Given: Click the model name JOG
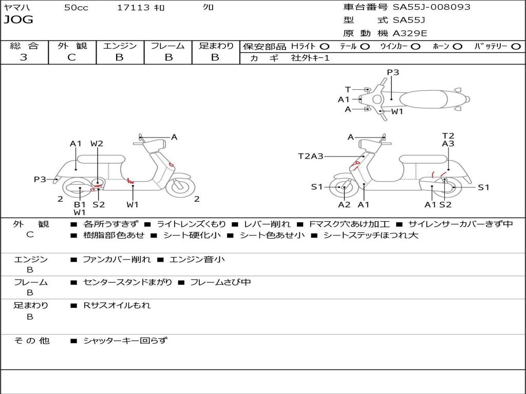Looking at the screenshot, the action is point(18,20).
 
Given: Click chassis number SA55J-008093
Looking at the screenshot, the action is point(431,7).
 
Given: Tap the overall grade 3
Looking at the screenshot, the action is point(24,57).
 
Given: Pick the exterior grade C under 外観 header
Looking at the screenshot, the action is point(71,57).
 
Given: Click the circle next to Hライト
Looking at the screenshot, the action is point(325,47).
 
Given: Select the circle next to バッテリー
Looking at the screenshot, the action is point(516,47).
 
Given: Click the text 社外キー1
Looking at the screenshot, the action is point(310,58).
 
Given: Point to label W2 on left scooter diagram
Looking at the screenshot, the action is point(97,144).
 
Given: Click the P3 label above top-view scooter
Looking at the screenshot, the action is point(393,72).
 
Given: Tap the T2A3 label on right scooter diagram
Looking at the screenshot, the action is point(311,156).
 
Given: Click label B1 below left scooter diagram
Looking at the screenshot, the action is point(80,204).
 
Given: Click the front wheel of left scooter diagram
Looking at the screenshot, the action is point(180,186).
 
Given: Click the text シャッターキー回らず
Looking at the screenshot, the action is point(125,341).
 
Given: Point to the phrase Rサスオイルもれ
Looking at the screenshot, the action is point(117,305).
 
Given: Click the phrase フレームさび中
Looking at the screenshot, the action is point(220,283).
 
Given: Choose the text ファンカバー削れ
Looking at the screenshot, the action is point(117,259).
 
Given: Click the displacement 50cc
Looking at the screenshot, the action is point(76,8).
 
